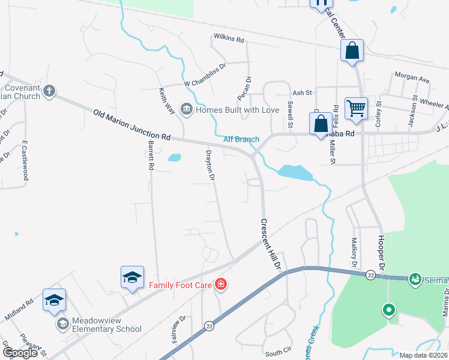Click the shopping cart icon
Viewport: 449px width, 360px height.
356,109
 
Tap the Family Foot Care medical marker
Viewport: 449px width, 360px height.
221,284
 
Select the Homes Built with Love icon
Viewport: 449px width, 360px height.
186,110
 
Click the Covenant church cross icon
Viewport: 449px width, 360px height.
49,92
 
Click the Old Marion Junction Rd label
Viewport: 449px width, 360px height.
132,124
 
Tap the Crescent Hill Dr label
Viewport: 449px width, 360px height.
270,242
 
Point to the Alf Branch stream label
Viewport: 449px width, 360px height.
241,139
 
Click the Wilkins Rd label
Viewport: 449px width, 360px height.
229,40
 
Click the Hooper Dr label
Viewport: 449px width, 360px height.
381,247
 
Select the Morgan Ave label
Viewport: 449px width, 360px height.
412,78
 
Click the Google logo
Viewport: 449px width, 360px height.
20,353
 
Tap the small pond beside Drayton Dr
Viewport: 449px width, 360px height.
175,158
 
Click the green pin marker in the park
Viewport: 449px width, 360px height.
388,310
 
